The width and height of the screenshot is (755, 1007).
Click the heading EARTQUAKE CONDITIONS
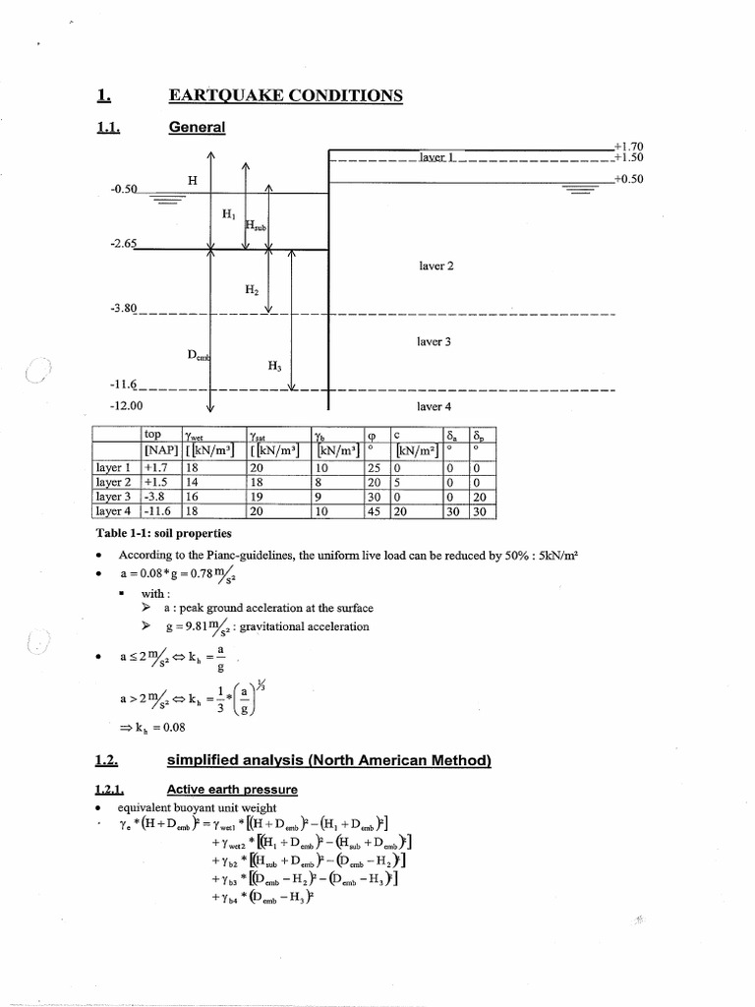pos(286,95)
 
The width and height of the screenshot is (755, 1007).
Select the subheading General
pos(197,128)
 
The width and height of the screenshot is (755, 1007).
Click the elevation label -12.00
pos(125,405)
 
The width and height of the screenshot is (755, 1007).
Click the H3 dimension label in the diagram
pos(274,366)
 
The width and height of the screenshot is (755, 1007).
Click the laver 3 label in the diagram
pos(434,341)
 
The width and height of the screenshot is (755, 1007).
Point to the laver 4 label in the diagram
pos(434,405)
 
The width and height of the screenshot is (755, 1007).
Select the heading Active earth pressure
pos(233,789)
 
